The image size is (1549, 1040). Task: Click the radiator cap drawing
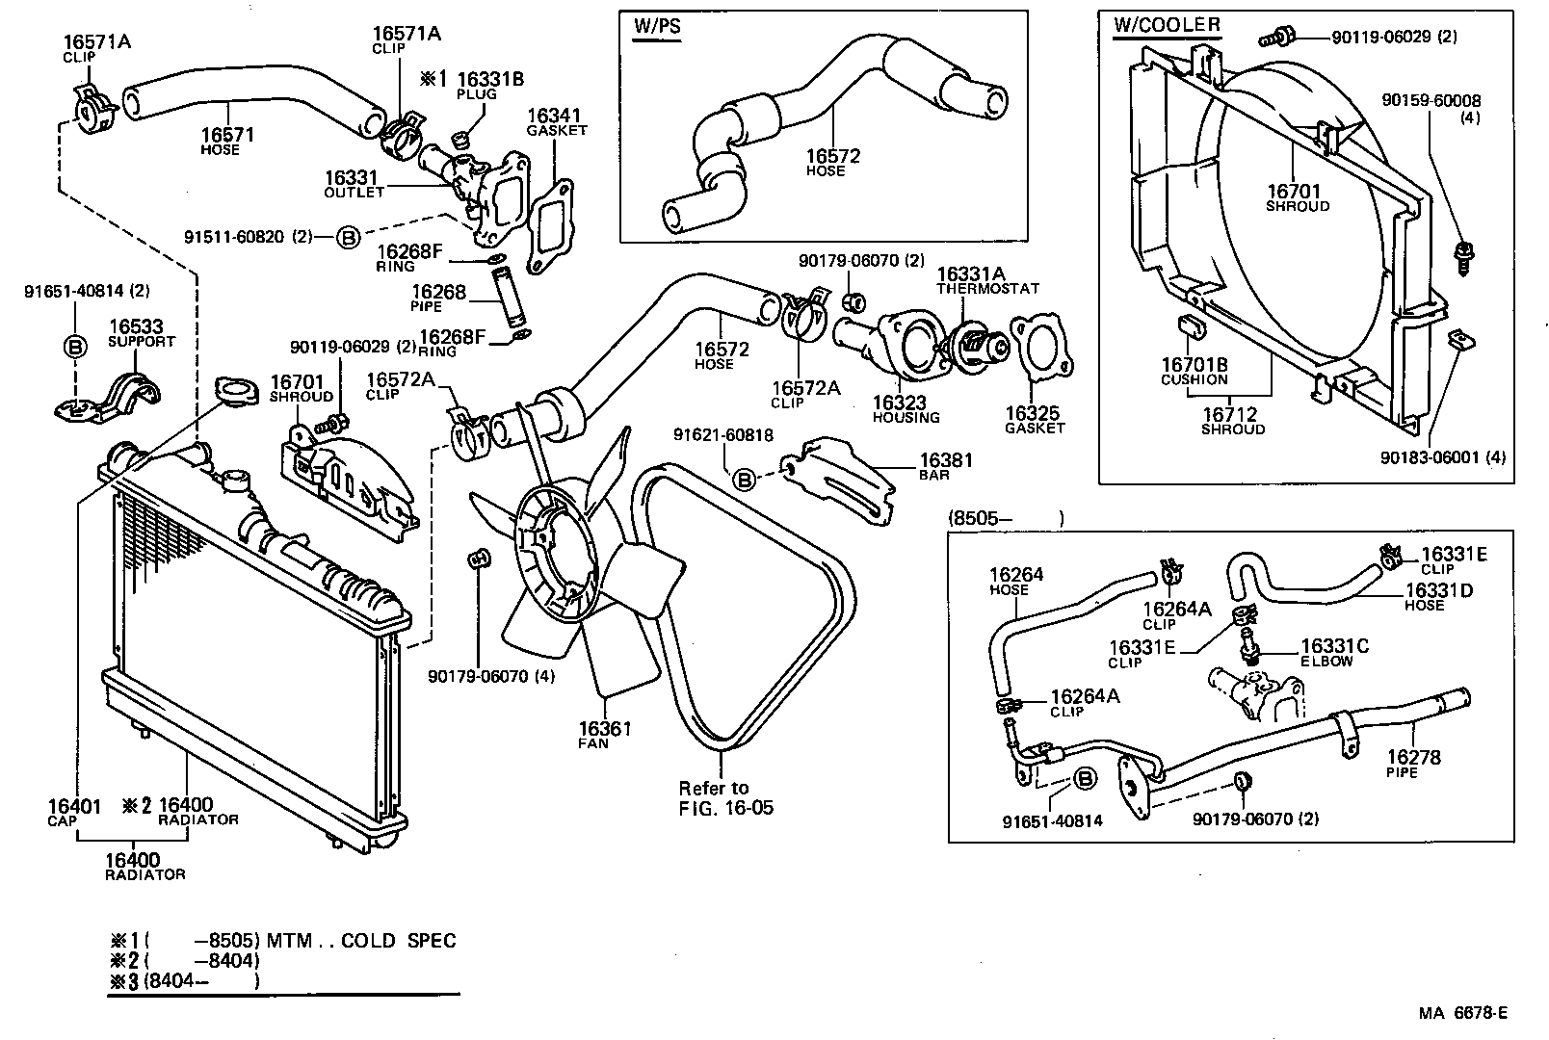[x=233, y=391]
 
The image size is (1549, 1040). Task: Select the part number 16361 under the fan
[x=604, y=729]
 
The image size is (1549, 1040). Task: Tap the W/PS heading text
[x=657, y=27]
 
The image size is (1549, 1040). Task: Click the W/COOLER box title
[x=1167, y=25]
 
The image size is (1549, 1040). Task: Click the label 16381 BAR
[x=945, y=462]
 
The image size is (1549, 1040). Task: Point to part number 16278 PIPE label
[x=1413, y=758]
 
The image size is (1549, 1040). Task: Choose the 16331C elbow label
[x=1334, y=647]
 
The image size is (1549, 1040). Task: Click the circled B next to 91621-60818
[x=744, y=478]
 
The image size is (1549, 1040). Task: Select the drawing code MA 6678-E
[x=1461, y=1013]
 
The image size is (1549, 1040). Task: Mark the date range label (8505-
[x=980, y=519]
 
